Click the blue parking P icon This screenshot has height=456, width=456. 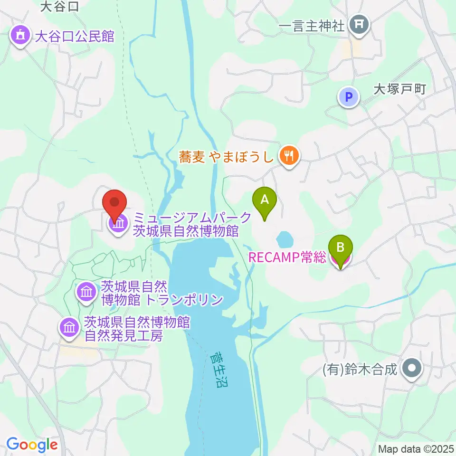click(x=349, y=97)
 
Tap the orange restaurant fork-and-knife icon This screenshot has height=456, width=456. click(x=288, y=155)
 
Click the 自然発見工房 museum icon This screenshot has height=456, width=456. click(x=69, y=328)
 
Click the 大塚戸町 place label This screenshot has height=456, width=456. click(x=400, y=89)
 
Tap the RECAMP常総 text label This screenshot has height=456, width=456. click(x=287, y=257)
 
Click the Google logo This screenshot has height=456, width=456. click(x=32, y=445)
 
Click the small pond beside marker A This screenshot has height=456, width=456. click(x=284, y=239)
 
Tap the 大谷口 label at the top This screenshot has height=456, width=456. click(x=59, y=6)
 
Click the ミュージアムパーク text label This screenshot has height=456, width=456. click(x=192, y=218)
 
